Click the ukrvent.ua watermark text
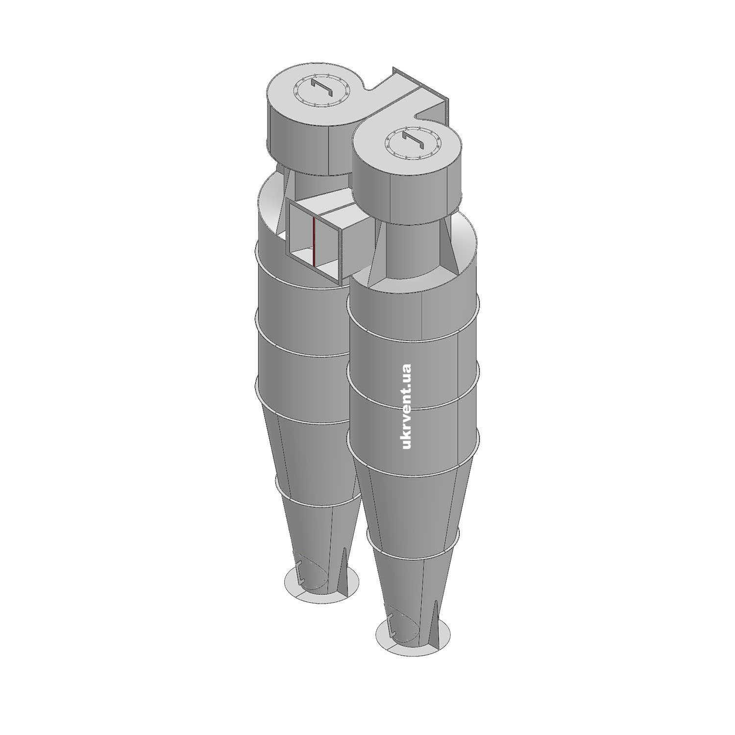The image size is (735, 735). point(407,406)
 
